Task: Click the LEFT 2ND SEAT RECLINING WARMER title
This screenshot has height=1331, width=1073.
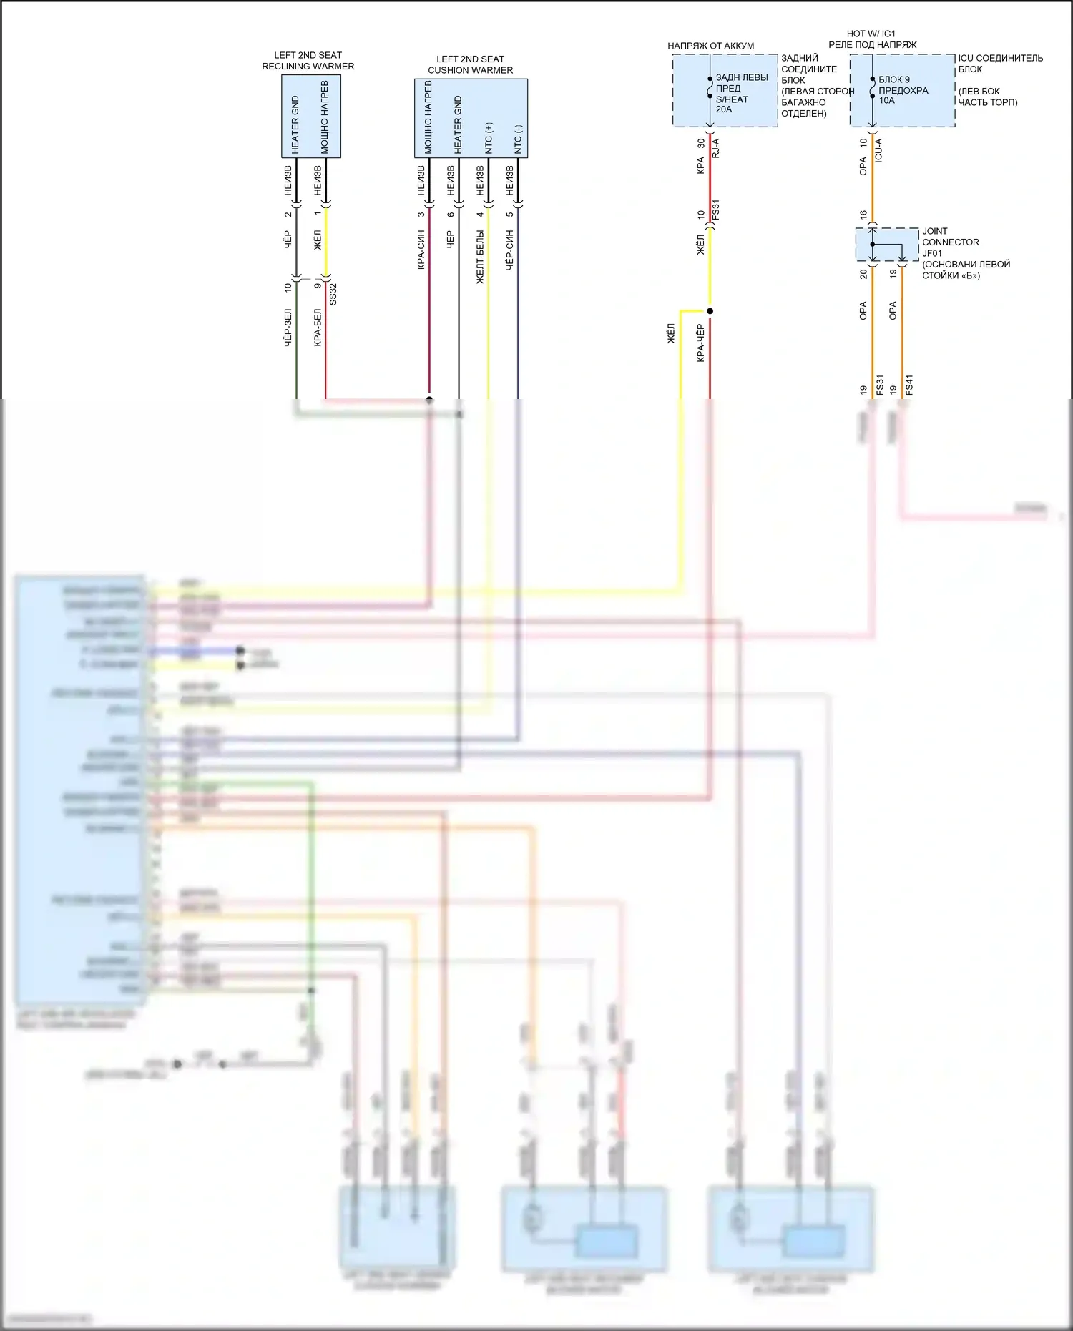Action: pos(308,61)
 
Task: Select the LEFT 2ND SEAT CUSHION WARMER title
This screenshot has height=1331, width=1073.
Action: pos(470,64)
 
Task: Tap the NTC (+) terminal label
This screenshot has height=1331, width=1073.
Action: pos(489,137)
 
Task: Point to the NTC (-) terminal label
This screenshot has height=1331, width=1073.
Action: pos(519,139)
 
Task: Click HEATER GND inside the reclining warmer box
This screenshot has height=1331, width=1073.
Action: pos(295,124)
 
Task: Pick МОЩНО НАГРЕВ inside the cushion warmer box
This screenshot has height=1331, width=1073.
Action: pos(428,117)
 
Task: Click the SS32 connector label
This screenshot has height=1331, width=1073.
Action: pos(333,294)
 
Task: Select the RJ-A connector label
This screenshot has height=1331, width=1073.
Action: pos(716,148)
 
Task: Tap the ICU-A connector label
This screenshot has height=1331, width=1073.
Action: pos(878,150)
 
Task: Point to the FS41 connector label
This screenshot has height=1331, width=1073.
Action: pos(909,385)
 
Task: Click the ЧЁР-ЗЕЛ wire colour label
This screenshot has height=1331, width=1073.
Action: pos(288,328)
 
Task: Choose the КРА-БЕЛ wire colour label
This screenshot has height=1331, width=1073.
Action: pos(318,328)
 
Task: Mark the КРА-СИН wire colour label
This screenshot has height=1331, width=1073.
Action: pos(421,250)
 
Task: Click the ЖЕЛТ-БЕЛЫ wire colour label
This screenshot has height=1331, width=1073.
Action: pos(480,256)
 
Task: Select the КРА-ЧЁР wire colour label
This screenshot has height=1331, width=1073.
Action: pos(701,342)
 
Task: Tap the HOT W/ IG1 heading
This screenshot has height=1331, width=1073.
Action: pos(871,34)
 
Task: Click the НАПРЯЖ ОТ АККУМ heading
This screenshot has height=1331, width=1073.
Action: pos(710,46)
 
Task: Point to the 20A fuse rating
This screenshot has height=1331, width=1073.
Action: pos(723,109)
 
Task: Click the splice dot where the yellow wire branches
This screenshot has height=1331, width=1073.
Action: pos(710,311)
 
